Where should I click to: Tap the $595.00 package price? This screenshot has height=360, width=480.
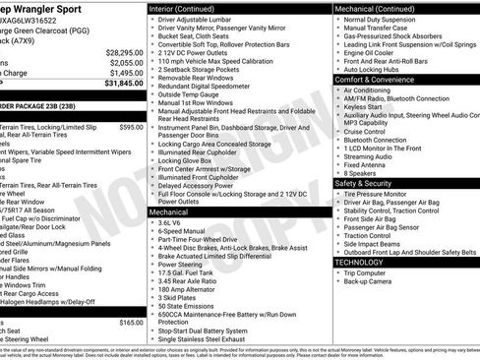click(131, 127)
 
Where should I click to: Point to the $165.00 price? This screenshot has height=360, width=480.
click(131, 322)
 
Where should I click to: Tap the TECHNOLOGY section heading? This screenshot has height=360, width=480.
click(366, 263)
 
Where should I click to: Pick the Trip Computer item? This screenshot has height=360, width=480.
click(366, 272)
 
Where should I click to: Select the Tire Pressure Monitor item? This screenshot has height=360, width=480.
click(377, 194)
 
